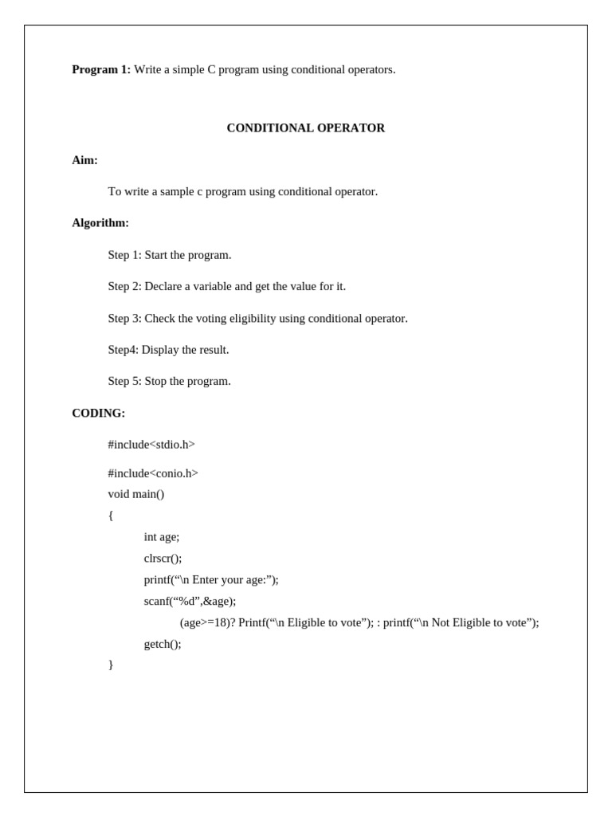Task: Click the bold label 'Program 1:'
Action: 101,69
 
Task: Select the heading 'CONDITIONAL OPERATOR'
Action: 305,127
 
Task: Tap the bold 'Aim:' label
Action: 84,160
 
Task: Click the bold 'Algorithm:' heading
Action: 100,223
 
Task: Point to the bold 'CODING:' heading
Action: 98,413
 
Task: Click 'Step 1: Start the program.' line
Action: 170,255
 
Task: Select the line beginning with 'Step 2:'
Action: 226,286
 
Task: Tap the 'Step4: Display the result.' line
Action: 168,350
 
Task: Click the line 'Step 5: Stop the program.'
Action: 169,381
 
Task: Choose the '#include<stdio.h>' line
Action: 151,445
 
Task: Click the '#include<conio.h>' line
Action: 153,473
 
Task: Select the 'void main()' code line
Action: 136,494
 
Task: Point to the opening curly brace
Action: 111,516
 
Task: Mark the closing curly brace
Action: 111,665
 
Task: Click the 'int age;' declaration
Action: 162,537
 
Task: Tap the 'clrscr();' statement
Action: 163,559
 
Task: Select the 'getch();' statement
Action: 163,644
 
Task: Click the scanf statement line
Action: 190,601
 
